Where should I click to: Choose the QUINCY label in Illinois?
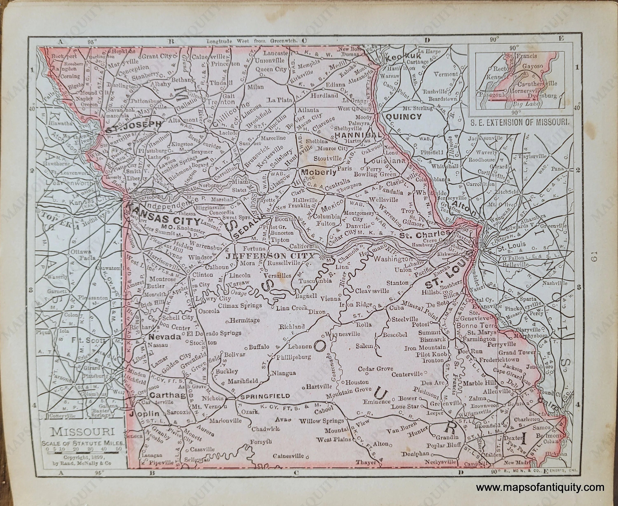[x=404, y=117]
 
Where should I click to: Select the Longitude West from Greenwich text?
[x=252, y=41]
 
